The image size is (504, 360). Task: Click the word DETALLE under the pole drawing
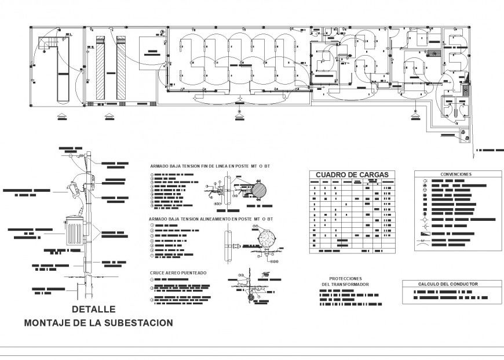coord(93,310)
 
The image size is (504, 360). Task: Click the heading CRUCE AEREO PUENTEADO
coord(178,272)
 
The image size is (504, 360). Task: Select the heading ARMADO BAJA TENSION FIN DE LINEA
coord(210,166)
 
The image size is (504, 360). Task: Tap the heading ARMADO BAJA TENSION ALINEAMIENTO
coord(211,219)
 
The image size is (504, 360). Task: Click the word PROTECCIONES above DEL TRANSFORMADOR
coord(345,278)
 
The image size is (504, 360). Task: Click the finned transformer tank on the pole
coord(74,232)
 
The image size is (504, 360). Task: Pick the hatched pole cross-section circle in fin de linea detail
coord(258,192)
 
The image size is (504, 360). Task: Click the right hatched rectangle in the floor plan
coord(121,68)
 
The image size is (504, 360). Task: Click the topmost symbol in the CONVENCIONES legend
coord(425,181)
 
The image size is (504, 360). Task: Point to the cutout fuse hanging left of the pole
coord(74,190)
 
